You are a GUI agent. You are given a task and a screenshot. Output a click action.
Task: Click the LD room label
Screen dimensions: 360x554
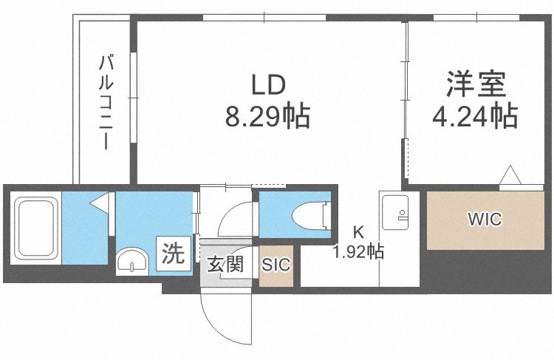point(268,86)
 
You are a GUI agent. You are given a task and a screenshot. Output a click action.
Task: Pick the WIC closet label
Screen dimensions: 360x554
point(485,219)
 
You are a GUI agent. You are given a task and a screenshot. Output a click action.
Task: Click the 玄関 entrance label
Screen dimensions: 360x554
point(225,263)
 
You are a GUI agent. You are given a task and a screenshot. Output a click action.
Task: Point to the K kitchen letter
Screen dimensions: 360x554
point(358,235)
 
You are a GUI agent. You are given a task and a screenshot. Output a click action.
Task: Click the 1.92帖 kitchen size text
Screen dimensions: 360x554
point(358,252)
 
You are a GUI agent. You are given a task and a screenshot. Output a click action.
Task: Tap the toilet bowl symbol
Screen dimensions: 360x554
point(310,217)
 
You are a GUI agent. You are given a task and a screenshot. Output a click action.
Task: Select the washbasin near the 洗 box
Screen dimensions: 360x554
point(134,261)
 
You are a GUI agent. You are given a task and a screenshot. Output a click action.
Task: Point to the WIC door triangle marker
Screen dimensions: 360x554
point(510,175)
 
